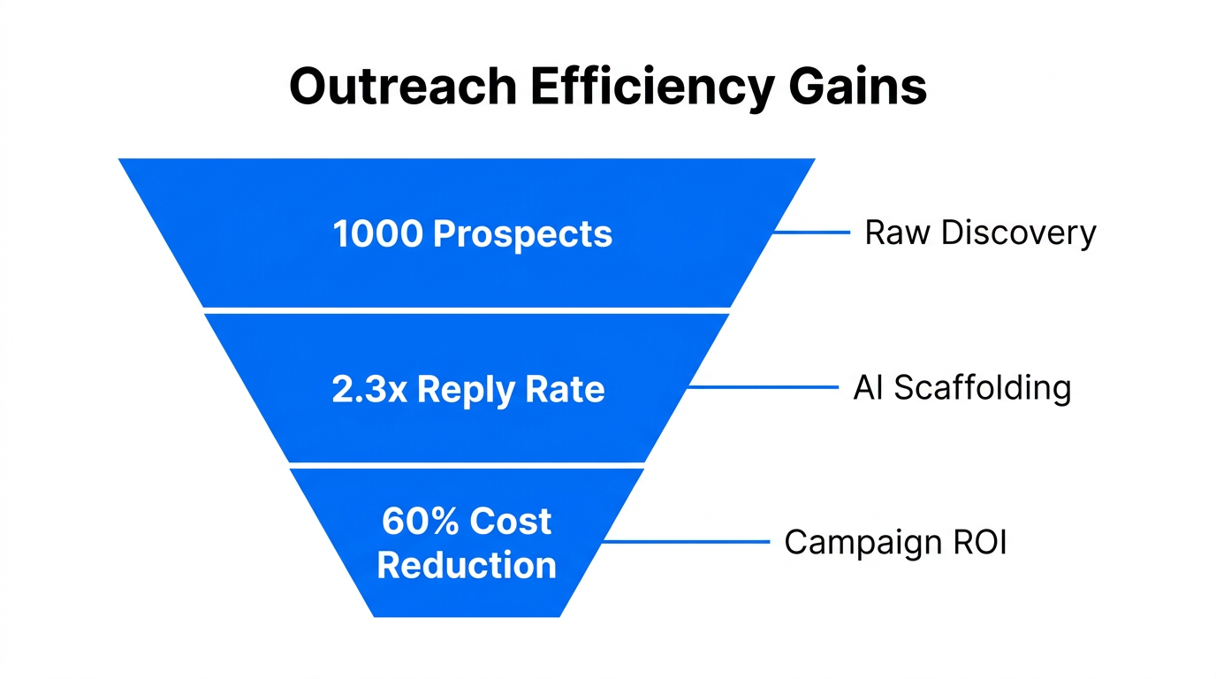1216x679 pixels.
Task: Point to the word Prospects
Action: click(522, 234)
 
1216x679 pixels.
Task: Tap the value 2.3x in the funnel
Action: click(369, 389)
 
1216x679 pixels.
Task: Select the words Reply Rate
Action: click(511, 389)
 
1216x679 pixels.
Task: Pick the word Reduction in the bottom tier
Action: click(467, 565)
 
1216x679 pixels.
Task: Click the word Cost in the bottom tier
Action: click(511, 522)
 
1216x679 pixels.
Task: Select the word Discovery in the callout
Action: click(1019, 233)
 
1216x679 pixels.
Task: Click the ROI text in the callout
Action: click(980, 542)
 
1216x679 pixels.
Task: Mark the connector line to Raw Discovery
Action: click(811, 233)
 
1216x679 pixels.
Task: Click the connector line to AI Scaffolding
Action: click(762, 387)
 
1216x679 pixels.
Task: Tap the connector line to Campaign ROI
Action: click(687, 542)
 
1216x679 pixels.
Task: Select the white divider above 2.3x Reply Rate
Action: click(467, 309)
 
